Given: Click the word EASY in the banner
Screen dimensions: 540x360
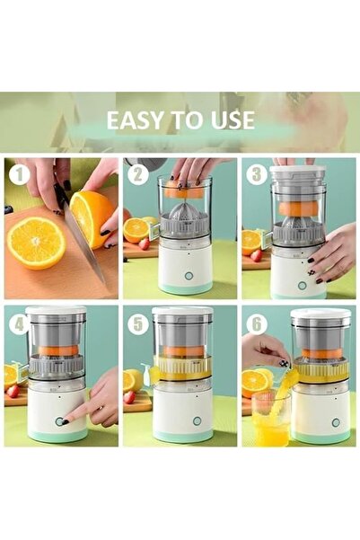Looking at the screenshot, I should tap(135, 120).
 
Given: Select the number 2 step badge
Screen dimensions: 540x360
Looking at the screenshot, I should tap(137, 175).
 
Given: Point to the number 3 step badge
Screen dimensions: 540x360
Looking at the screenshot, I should tap(255, 175).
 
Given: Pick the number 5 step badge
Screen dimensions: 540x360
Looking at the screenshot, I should tap(137, 323).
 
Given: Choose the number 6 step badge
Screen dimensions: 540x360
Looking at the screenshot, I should tap(255, 323).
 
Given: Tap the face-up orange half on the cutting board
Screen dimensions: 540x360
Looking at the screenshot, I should tap(36, 243).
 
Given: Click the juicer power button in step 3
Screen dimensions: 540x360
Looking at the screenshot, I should tap(302, 285).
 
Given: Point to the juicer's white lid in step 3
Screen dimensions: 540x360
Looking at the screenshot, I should tap(297, 173).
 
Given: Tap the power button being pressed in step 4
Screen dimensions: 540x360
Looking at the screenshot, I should tap(60, 420).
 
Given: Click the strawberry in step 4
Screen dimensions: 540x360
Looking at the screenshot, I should tap(13, 391).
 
